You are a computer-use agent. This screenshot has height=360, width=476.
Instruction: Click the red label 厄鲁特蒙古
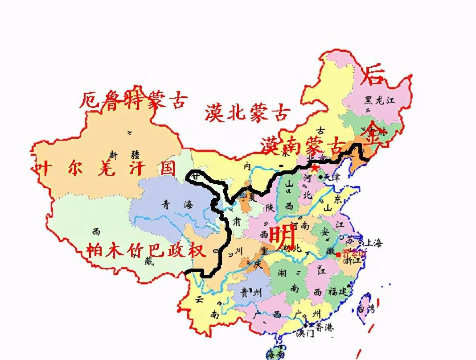(x=133, y=101)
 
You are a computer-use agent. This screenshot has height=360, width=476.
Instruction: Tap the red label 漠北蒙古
(x=248, y=112)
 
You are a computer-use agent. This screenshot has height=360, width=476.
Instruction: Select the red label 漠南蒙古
(x=304, y=145)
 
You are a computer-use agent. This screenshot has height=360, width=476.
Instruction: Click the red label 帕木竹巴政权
(x=146, y=250)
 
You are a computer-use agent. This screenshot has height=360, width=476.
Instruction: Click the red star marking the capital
(x=315, y=169)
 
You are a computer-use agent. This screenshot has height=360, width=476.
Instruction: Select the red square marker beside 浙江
(x=340, y=254)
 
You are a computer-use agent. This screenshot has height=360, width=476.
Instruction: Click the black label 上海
(x=373, y=243)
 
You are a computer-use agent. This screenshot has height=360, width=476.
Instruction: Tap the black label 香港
(x=326, y=327)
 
